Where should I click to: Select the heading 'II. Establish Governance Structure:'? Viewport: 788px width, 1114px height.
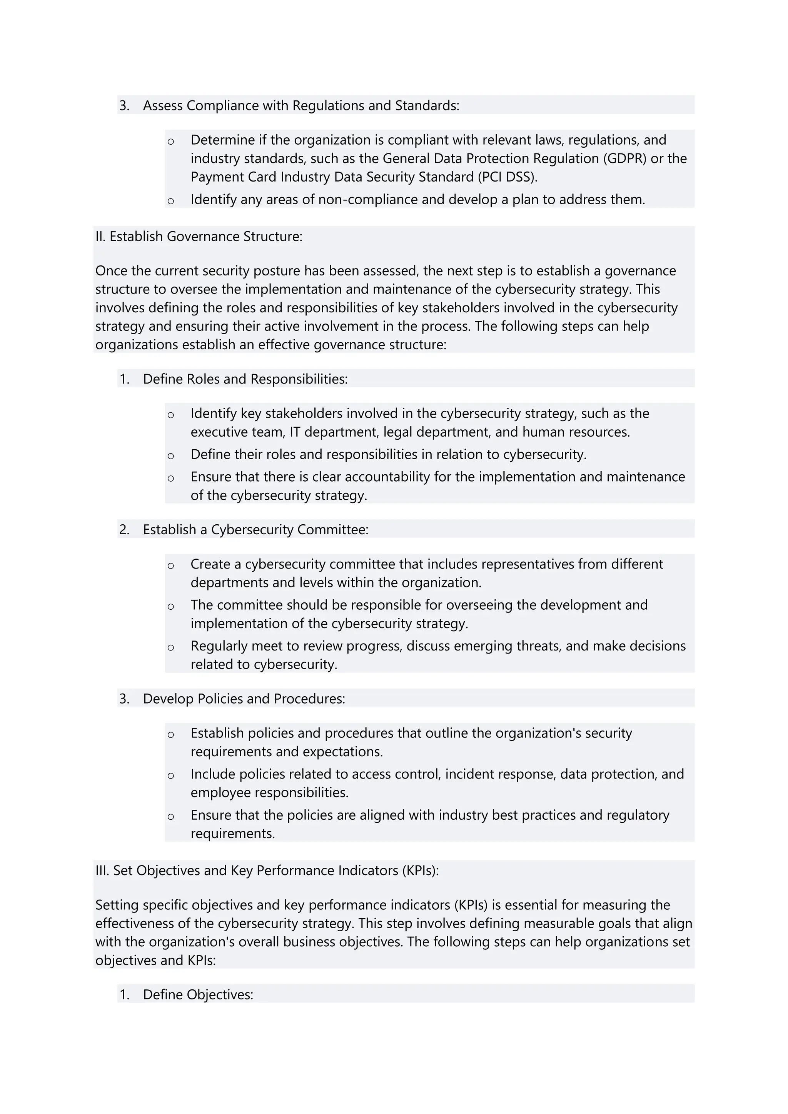199,237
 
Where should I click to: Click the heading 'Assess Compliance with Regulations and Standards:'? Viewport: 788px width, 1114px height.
301,106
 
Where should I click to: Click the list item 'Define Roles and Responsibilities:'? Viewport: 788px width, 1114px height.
245,379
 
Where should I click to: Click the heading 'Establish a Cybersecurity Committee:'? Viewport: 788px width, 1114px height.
256,529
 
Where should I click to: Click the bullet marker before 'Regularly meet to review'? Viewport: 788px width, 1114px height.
171,647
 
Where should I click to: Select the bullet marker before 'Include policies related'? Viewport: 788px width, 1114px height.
171,775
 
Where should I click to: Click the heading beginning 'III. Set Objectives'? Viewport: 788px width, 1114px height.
267,871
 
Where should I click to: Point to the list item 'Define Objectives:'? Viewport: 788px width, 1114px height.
198,995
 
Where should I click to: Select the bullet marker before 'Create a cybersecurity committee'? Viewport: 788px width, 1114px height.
171,565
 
